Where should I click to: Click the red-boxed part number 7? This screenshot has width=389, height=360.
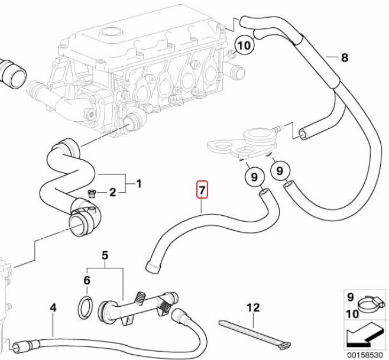pos(202,190)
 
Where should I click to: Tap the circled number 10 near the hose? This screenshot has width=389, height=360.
pos(244,46)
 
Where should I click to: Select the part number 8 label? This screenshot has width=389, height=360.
pos(345,57)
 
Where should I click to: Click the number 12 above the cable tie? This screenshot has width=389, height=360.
pos(253,307)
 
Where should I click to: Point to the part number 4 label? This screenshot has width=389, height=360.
pos(53,308)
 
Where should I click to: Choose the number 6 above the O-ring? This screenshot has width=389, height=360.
pos(87,280)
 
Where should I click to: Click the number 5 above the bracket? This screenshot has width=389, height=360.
pos(105,255)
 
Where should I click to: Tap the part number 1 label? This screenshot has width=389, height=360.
pos(139,184)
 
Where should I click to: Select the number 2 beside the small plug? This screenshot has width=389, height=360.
pos(113,192)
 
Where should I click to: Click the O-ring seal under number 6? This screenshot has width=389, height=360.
pos(86,307)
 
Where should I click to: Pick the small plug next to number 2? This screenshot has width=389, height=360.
pos(92,193)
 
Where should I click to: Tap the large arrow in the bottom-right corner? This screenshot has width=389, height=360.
pos(364,335)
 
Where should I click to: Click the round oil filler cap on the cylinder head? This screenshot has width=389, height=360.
pos(111,33)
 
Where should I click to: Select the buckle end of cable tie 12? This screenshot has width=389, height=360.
pos(284,345)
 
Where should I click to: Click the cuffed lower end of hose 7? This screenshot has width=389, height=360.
pos(153,267)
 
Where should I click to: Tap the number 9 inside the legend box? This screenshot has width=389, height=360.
pos(350,297)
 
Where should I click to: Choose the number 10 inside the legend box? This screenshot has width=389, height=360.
pos(352,314)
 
